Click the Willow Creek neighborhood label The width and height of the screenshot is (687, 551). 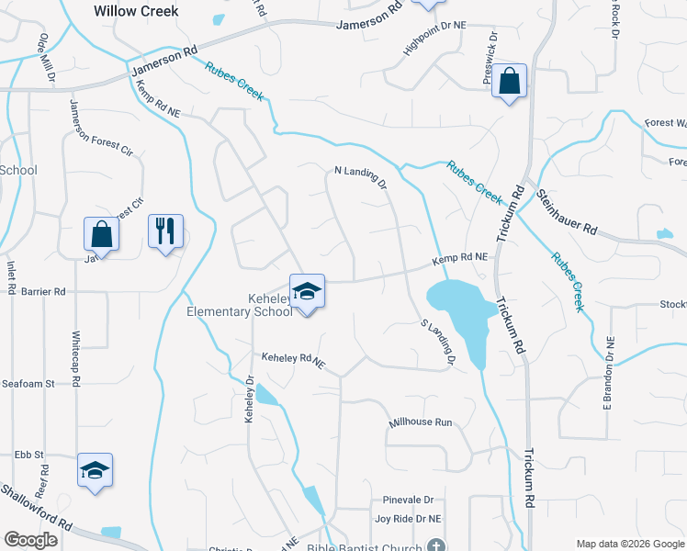136,12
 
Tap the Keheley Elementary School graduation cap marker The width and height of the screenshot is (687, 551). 308,292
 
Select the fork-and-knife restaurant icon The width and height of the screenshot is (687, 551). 165,231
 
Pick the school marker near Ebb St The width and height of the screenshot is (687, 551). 95,470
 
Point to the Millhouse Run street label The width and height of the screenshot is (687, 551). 422,422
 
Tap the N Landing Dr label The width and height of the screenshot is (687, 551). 361,176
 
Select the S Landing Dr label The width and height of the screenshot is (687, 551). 438,342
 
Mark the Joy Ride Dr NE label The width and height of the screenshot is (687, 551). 408,519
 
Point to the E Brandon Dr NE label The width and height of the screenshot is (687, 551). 607,372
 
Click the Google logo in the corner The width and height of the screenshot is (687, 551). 30,540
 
